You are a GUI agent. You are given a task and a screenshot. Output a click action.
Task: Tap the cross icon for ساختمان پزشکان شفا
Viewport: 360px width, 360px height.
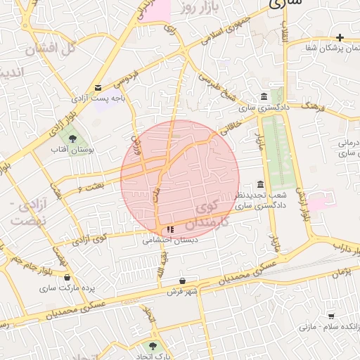pyautogui.click(x=340, y=37)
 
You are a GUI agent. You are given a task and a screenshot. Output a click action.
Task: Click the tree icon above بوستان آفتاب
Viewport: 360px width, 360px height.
pyautogui.click(x=72, y=138)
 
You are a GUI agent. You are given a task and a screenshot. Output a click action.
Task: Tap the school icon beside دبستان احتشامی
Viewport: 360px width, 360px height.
pyautogui.click(x=170, y=229)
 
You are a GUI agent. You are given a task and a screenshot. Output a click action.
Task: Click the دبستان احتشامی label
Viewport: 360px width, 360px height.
pyautogui.click(x=170, y=240)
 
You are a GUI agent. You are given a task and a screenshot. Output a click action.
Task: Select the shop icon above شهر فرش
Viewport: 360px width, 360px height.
pyautogui.click(x=183, y=281)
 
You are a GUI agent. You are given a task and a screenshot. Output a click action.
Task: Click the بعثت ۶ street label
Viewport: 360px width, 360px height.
pyautogui.click(x=89, y=185)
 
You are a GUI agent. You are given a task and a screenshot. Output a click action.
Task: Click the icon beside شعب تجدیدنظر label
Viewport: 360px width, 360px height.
pyautogui.click(x=261, y=184)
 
